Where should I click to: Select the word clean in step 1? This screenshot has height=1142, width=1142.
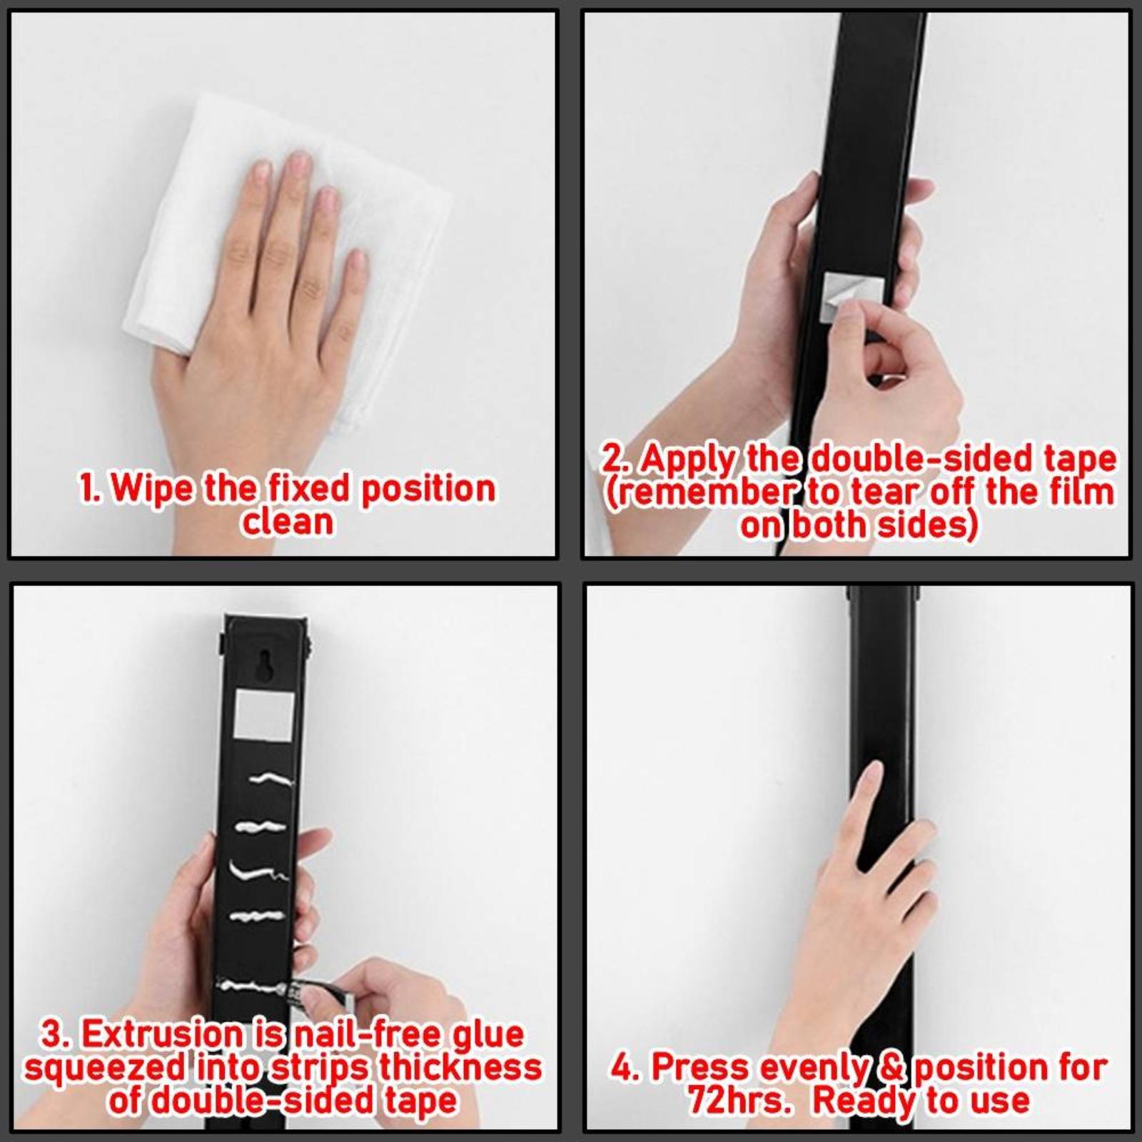point(287,522)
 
